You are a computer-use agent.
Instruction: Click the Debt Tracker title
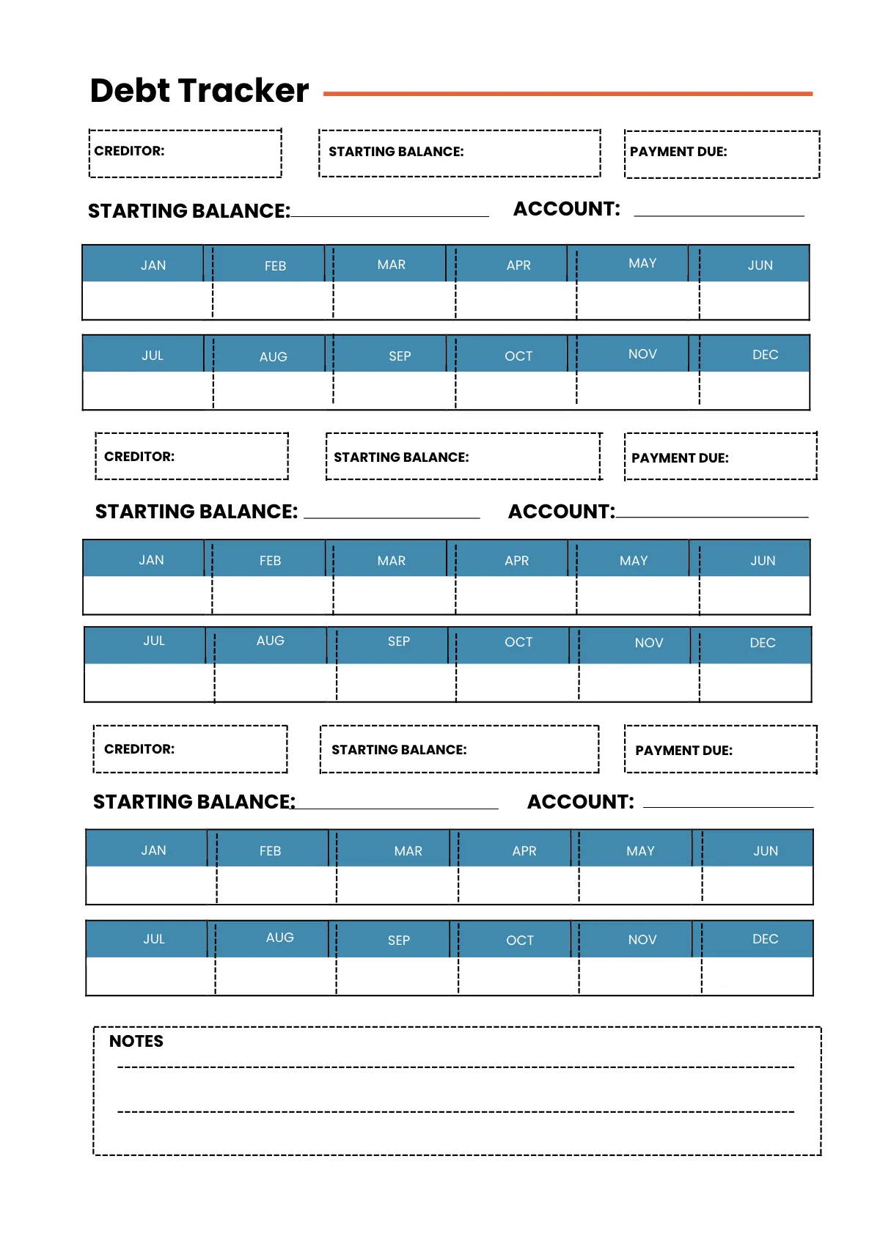[199, 91]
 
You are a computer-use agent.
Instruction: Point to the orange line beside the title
[568, 94]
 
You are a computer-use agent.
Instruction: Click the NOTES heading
[136, 1041]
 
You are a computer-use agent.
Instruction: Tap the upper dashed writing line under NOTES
[455, 1067]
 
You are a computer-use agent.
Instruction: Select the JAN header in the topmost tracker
[153, 265]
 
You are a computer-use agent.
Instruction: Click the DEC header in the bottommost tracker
[765, 939]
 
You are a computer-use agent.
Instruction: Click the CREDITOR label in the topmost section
[130, 151]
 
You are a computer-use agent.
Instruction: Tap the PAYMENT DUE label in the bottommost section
[683, 750]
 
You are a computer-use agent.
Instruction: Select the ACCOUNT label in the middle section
[561, 511]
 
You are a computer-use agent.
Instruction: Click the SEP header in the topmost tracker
[400, 356]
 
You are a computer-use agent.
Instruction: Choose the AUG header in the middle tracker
[270, 641]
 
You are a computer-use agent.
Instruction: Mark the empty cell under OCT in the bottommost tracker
[518, 976]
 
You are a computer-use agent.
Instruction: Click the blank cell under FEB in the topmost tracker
[273, 301]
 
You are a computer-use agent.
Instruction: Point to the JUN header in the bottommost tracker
[765, 850]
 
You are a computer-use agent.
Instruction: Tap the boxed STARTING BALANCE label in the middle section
[401, 457]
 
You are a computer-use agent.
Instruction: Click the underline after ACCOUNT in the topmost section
[719, 216]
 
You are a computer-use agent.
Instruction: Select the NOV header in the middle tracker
[648, 643]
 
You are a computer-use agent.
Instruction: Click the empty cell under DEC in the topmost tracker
[755, 390]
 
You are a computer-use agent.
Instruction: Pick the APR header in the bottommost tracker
[524, 850]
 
